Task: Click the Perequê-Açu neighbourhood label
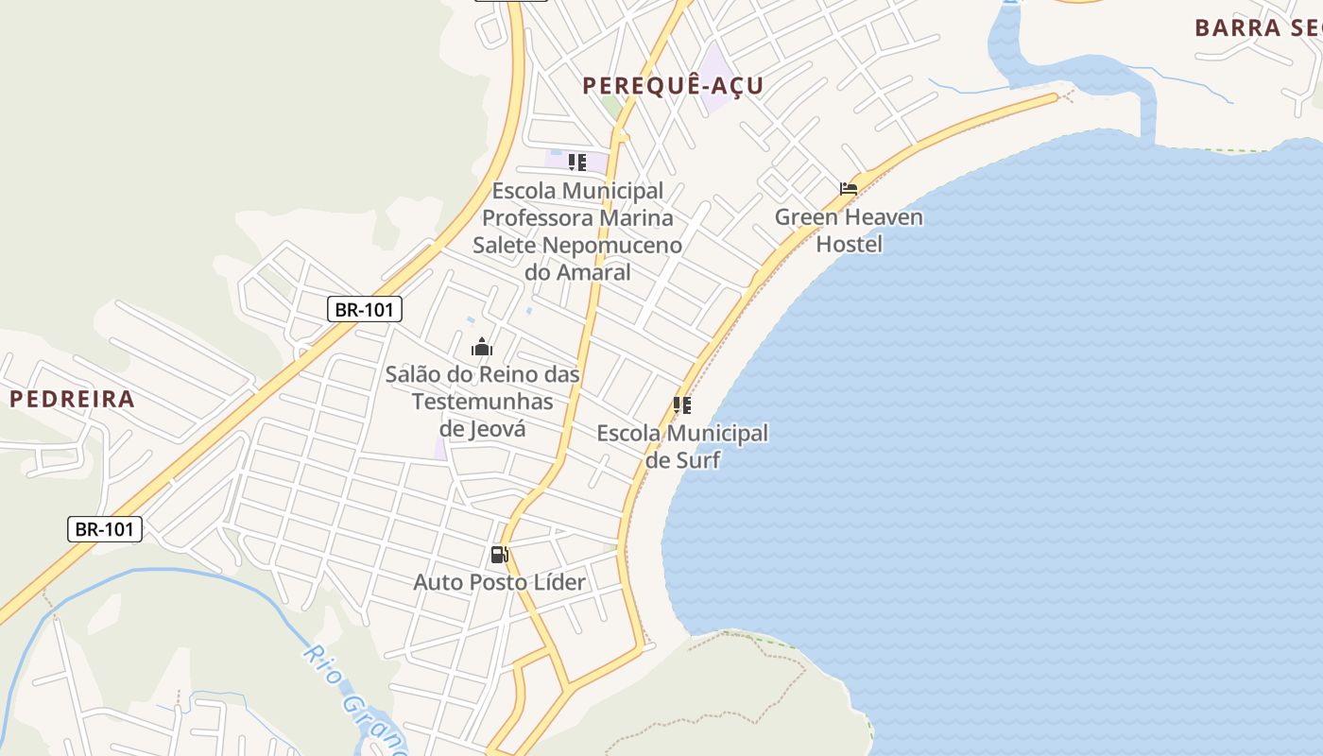pos(673,86)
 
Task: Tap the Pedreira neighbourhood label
pos(73,399)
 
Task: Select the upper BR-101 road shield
pos(365,309)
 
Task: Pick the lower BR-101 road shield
pos(105,529)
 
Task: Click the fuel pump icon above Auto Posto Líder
pos(499,555)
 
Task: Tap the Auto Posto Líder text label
pos(499,582)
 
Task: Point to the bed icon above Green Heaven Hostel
pos(849,189)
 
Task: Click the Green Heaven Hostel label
pos(849,231)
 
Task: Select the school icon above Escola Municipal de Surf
pos(681,406)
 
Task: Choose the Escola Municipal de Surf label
pos(682,447)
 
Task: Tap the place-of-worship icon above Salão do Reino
pos(482,347)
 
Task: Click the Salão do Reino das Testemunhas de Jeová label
pos(482,402)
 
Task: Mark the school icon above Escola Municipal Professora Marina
pos(576,163)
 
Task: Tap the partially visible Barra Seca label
pos(1257,28)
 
